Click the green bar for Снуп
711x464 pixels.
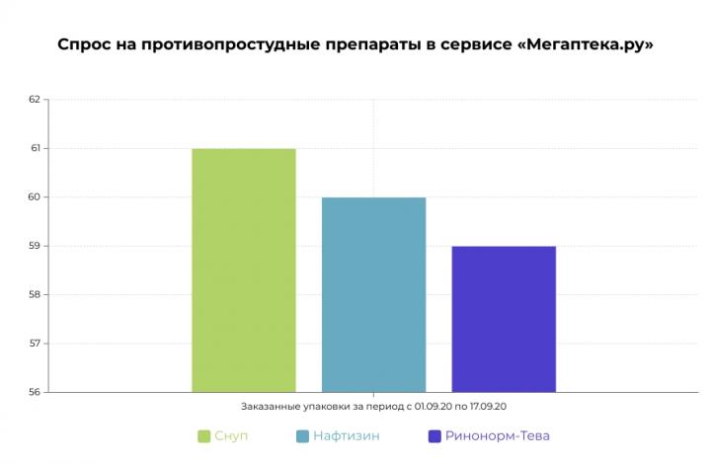tap(244, 270)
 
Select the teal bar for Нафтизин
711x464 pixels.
tap(373, 294)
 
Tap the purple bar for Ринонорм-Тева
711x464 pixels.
tap(504, 319)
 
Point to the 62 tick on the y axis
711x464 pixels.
tap(35, 100)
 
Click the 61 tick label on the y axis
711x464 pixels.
tap(35, 148)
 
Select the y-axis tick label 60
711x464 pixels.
tap(35, 197)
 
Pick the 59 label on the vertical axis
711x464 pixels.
tap(35, 246)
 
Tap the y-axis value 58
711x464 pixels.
tap(35, 294)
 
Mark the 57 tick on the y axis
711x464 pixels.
tap(35, 344)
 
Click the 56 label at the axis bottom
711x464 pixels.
tap(35, 392)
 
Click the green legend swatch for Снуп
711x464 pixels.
tap(203, 435)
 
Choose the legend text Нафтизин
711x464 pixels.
tap(348, 435)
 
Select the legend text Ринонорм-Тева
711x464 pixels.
tap(497, 435)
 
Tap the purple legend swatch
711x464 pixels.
tap(434, 435)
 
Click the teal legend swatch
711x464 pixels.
tap(303, 435)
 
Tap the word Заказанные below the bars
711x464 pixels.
tap(269, 406)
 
